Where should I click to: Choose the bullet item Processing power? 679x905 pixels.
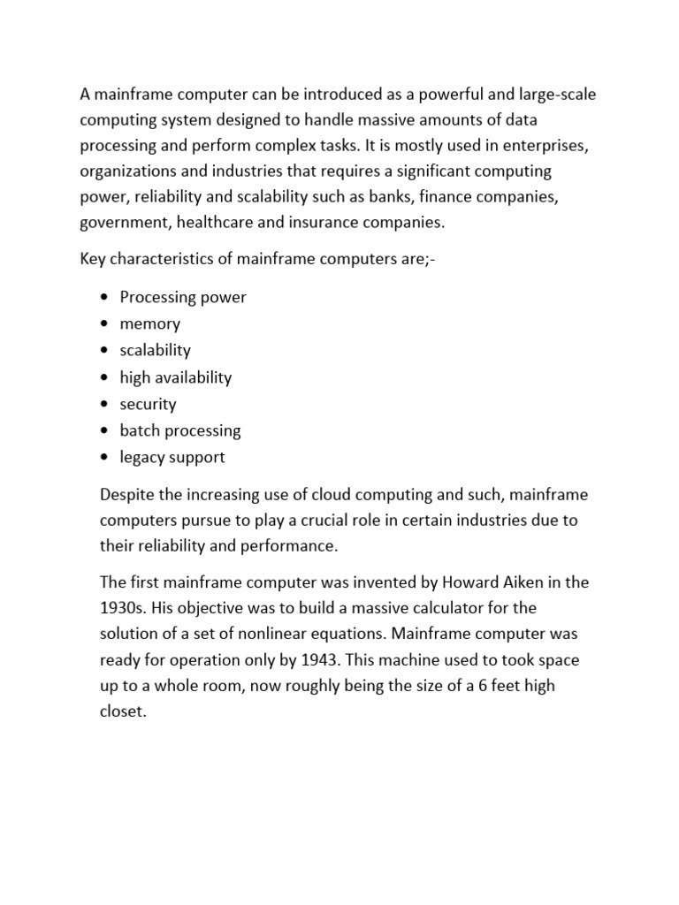[x=183, y=297]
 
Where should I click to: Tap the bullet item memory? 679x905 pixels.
[x=149, y=323]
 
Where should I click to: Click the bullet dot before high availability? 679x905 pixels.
[x=105, y=377]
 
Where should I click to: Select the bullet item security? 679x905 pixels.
[x=148, y=404]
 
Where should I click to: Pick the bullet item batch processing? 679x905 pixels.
[x=180, y=430]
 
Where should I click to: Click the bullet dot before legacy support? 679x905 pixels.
[x=105, y=458]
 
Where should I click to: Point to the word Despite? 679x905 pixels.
[x=127, y=494]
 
